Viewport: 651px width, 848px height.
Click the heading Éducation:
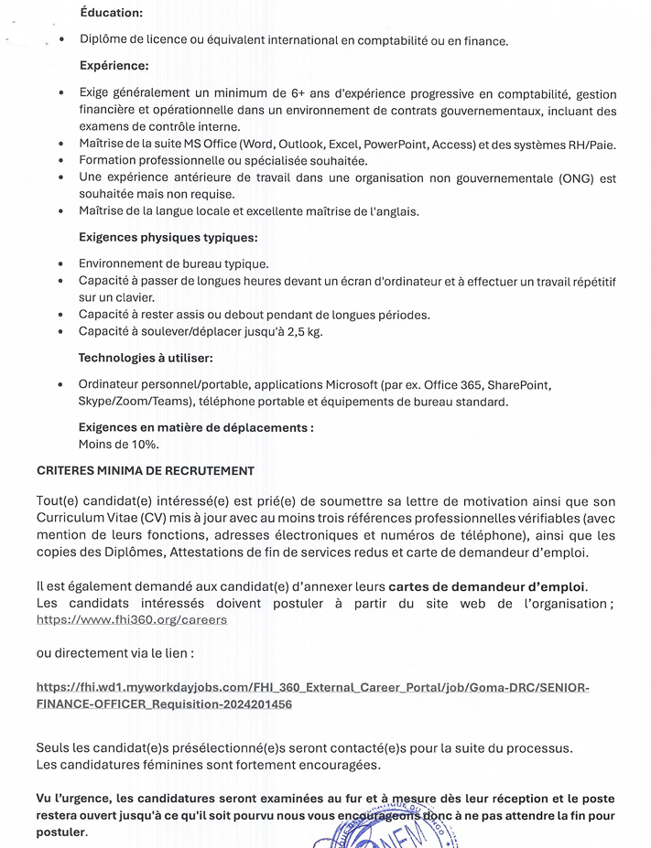[111, 13]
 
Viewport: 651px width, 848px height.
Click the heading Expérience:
[114, 66]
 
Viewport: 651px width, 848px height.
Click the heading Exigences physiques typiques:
[168, 238]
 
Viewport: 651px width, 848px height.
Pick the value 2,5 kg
[303, 331]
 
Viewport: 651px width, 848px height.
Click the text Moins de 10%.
[119, 445]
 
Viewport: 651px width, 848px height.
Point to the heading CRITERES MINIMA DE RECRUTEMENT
[145, 470]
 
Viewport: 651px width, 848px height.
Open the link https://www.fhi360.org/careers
[131, 619]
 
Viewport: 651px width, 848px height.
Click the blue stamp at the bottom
[385, 828]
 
